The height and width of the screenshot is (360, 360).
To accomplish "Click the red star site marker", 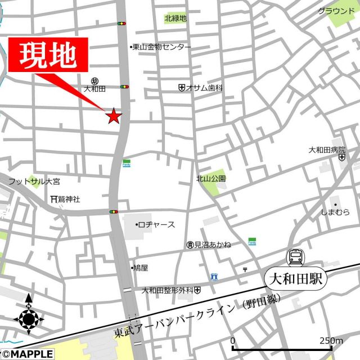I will click(x=114, y=116).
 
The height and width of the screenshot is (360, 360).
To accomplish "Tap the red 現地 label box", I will click(x=48, y=55).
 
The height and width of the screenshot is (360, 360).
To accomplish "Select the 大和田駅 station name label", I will click(x=295, y=278).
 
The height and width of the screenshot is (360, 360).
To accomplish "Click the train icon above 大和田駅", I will click(x=295, y=258).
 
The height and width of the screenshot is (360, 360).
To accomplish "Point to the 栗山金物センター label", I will click(x=162, y=48).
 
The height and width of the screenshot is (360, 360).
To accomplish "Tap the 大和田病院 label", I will click(x=327, y=150).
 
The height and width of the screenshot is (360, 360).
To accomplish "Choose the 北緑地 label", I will click(x=175, y=19).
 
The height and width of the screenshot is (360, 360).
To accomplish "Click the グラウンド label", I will click(x=336, y=11).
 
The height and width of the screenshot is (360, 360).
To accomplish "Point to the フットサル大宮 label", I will click(x=34, y=182).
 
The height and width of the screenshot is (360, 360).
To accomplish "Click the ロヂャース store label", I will click(x=156, y=224).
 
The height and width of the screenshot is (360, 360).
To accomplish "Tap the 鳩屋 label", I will click(x=140, y=268).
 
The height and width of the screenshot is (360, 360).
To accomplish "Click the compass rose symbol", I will click(x=29, y=319).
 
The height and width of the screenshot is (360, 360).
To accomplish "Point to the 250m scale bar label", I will click(x=331, y=341).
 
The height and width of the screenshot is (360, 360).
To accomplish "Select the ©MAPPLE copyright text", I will click(x=28, y=354).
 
